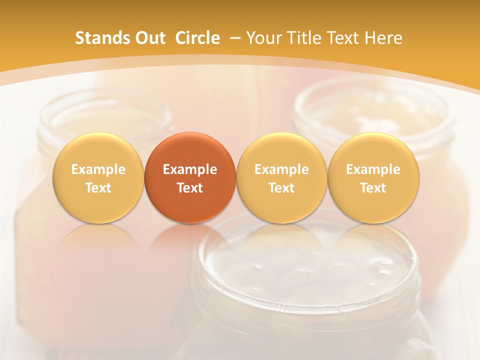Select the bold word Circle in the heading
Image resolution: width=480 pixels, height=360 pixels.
point(197,38)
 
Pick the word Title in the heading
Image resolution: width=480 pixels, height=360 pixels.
point(304,38)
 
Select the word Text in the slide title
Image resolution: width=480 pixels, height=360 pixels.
point(343,38)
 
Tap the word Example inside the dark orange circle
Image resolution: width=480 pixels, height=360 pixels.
point(190,169)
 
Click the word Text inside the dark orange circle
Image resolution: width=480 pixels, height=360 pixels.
point(190,188)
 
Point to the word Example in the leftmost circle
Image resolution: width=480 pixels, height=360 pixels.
point(98,169)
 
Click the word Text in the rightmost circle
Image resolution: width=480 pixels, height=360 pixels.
point(373,188)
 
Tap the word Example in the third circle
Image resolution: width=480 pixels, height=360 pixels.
point(281,169)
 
